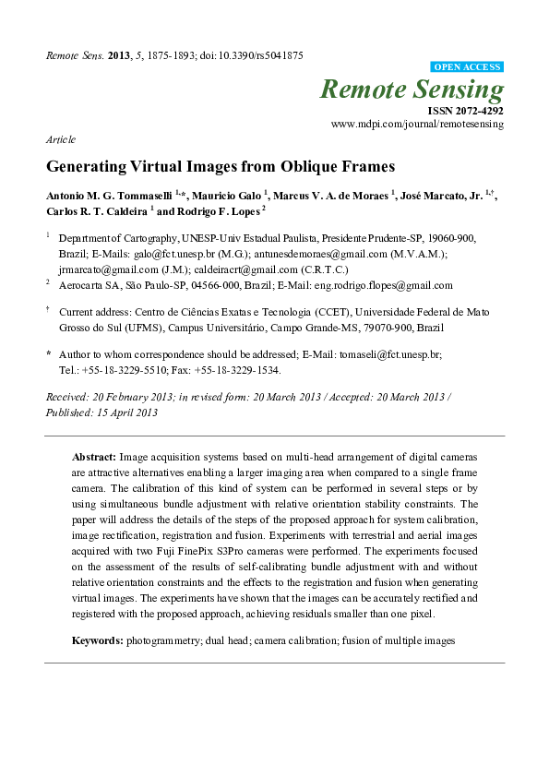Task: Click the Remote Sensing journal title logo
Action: (412, 90)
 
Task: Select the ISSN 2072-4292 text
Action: (466, 110)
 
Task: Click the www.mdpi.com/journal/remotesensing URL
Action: (417, 124)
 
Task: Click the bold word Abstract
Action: (93, 457)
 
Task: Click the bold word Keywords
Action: (97, 640)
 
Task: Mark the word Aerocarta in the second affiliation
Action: (80, 286)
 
